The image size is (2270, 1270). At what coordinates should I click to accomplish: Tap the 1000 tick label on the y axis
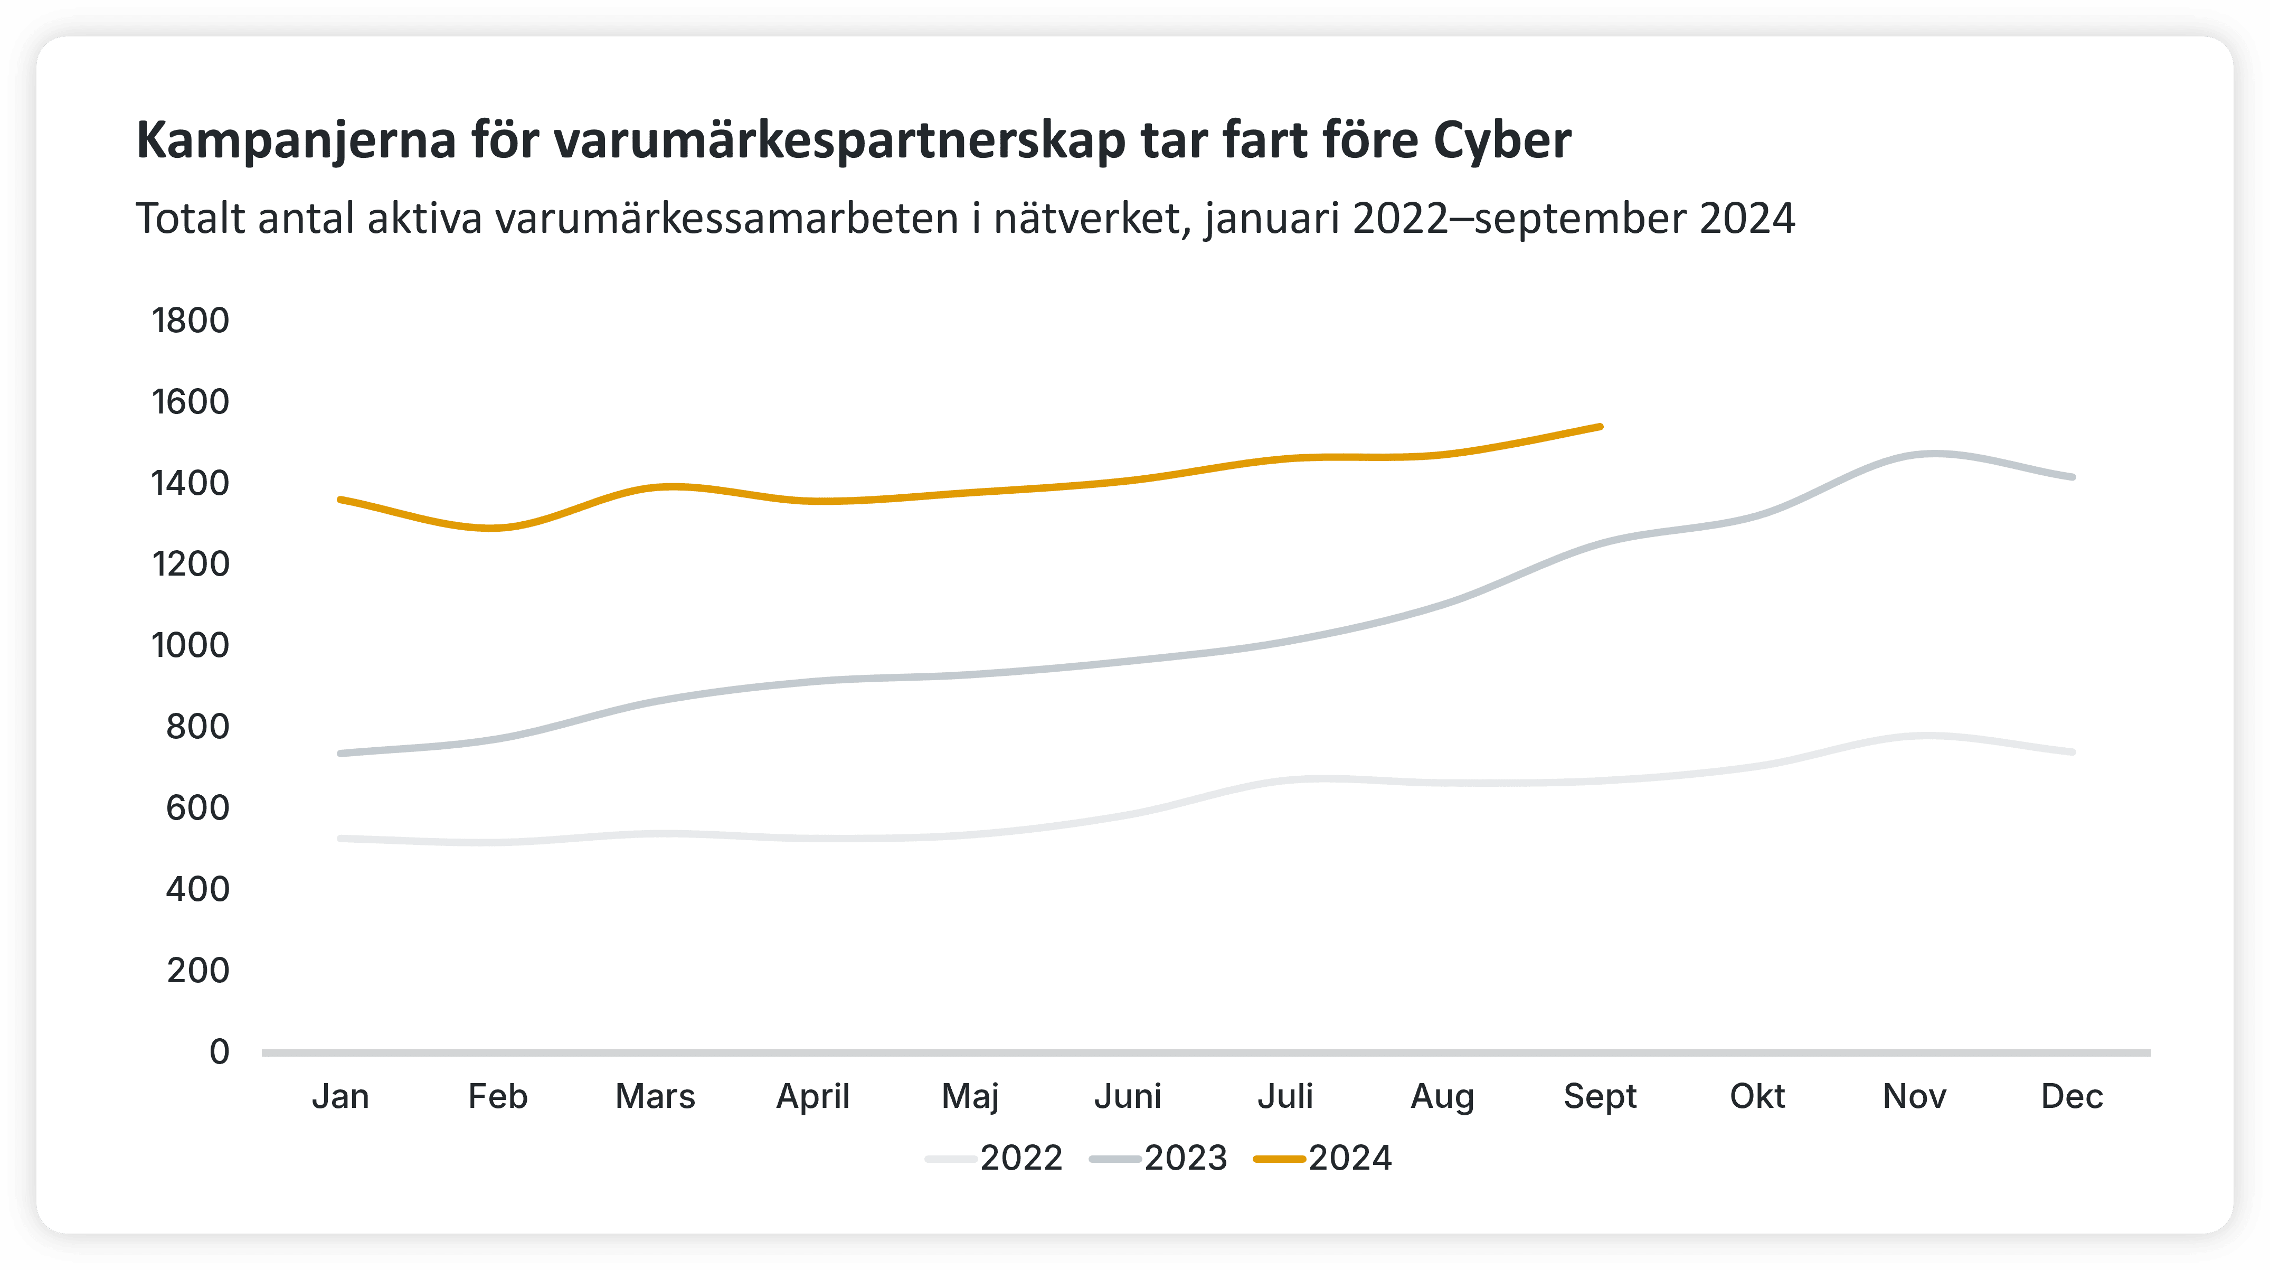pos(191,645)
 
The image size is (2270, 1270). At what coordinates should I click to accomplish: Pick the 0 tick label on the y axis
pos(220,1051)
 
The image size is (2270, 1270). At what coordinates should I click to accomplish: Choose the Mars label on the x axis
pos(655,1096)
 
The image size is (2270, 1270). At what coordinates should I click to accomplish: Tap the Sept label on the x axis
pos(1600,1096)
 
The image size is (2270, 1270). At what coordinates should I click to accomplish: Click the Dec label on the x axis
pos(2072,1096)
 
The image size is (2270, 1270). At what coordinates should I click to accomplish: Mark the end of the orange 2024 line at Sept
pos(1600,427)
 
